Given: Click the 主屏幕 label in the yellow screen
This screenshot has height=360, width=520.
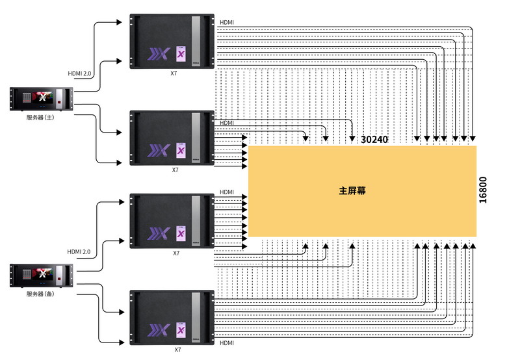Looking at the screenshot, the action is [352, 190].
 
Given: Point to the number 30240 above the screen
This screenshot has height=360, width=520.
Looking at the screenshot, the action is [374, 140].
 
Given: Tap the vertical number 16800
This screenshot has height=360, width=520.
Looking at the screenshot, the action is [483, 190].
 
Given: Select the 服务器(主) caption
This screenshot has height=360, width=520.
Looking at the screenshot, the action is [40, 118].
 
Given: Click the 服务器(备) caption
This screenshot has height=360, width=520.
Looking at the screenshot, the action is [40, 294].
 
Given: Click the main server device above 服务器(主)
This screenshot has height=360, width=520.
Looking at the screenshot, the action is [41, 99].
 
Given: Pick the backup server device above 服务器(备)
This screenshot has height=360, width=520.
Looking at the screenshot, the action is [41, 275].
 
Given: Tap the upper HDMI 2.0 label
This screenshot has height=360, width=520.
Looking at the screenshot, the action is [79, 73].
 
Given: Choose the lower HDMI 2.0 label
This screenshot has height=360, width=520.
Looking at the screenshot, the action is [79, 252].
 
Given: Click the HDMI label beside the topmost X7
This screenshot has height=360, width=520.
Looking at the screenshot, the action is [227, 23].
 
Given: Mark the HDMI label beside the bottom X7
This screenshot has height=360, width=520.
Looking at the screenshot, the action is [227, 343].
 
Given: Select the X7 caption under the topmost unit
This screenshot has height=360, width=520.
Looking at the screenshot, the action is [174, 73].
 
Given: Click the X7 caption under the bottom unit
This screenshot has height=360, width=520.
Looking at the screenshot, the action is [177, 350].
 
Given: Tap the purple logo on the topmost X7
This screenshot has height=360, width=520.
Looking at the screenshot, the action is [159, 54].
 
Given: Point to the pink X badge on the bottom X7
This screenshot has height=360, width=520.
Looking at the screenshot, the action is [181, 330].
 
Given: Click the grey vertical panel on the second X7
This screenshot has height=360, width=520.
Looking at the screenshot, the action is [196, 138].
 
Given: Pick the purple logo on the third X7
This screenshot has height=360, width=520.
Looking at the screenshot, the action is [159, 233].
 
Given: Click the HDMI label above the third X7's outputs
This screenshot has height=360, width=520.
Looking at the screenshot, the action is [227, 192].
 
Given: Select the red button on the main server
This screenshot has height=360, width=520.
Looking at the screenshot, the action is [59, 103].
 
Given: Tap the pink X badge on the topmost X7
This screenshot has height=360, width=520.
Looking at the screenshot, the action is [181, 54].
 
